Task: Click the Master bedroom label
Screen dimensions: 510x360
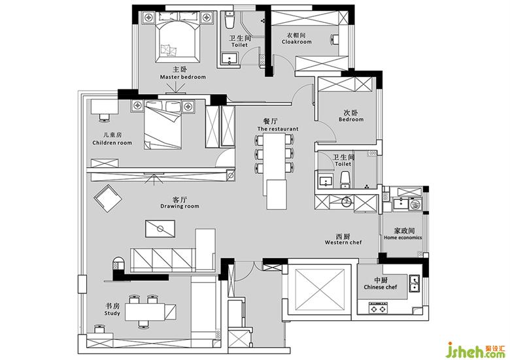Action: coord(183,77)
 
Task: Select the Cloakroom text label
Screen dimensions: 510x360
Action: coord(296,42)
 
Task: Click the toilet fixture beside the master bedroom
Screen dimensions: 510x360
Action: coord(229,20)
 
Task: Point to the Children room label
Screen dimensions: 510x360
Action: coord(112,142)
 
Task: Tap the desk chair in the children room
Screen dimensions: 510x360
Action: coord(105,118)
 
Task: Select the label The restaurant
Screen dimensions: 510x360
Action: coord(277,129)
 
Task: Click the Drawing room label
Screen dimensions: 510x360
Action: coord(180,206)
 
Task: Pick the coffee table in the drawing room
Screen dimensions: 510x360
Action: coord(160,229)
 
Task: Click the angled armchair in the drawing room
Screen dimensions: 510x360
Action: coord(108,198)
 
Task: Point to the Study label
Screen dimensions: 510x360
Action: coord(112,313)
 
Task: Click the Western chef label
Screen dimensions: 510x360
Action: coord(343,242)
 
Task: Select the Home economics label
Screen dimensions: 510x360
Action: coord(403,238)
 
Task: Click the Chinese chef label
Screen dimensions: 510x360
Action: coord(381,287)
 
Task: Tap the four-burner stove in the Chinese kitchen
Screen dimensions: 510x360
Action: coord(379,308)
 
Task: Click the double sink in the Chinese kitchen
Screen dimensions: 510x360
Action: coord(414,283)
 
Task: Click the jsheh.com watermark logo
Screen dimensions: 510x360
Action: coord(475,350)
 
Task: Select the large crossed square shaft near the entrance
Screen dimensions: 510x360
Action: coord(319,289)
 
